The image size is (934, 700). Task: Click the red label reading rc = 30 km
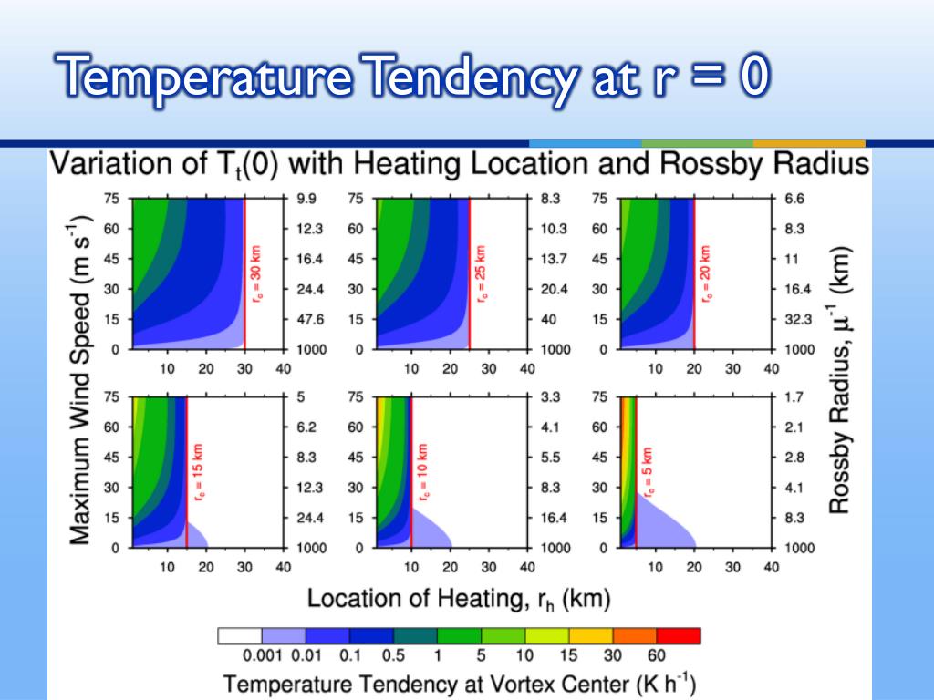pyautogui.click(x=256, y=273)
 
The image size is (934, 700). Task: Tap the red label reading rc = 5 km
pyautogui.click(x=649, y=471)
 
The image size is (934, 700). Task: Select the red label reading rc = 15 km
pyautogui.click(x=198, y=471)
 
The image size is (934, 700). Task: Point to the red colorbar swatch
pyautogui.click(x=679, y=635)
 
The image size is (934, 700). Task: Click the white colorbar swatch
pyautogui.click(x=240, y=635)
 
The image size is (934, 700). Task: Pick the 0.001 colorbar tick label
pyautogui.click(x=262, y=656)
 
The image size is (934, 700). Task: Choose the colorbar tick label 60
pyautogui.click(x=657, y=656)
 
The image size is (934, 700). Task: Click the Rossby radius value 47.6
pyautogui.click(x=310, y=320)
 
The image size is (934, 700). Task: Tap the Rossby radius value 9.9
pyautogui.click(x=306, y=199)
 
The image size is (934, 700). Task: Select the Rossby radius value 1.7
pyautogui.click(x=794, y=397)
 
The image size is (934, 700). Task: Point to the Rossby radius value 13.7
pyautogui.click(x=554, y=259)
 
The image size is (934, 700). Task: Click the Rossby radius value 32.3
pyautogui.click(x=798, y=320)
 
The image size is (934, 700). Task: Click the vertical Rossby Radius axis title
pyautogui.click(x=839, y=379)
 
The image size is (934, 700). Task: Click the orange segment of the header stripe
pyautogui.click(x=809, y=143)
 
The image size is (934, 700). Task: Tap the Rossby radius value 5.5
pyautogui.click(x=550, y=458)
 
